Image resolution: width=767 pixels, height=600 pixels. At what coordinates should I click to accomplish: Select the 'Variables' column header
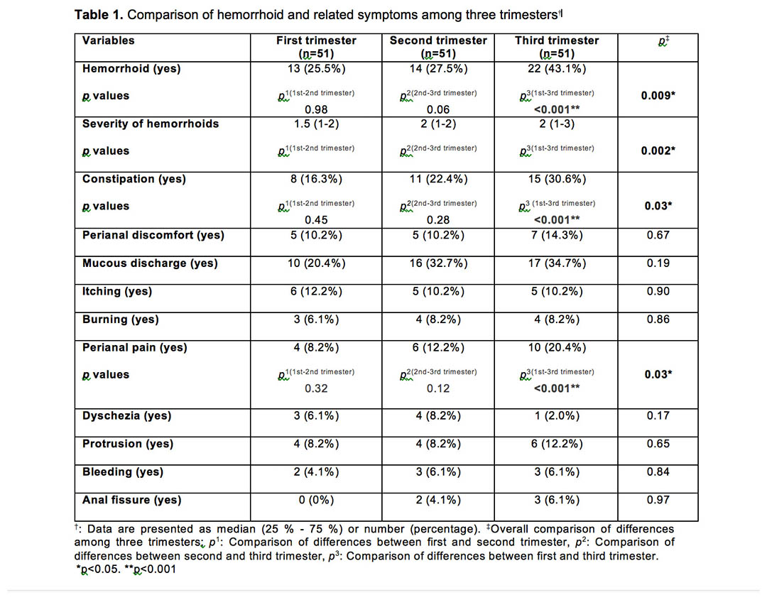[x=108, y=40]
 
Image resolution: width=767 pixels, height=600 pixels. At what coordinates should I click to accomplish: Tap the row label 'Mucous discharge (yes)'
[x=150, y=263]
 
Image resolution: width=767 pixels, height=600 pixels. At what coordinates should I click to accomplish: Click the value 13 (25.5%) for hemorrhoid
[x=316, y=68]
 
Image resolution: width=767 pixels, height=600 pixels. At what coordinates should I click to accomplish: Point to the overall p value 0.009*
[x=658, y=95]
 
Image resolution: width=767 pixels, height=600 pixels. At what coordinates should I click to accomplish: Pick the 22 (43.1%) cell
[x=557, y=68]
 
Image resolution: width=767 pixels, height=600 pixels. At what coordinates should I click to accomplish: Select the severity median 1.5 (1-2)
[x=316, y=124]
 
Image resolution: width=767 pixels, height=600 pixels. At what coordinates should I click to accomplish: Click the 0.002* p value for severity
[x=658, y=151]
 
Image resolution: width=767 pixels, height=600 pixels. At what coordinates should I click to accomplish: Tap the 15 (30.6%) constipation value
[x=557, y=179]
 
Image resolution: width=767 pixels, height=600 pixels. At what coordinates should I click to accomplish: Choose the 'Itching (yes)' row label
[x=117, y=291]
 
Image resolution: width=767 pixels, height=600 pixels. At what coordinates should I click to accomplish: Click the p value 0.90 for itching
[x=658, y=291]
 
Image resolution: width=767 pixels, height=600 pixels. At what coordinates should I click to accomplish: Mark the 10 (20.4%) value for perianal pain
[x=557, y=348]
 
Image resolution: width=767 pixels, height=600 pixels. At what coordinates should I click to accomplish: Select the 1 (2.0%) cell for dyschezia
[x=557, y=415]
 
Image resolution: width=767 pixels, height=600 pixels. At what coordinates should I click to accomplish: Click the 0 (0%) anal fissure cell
[x=316, y=501]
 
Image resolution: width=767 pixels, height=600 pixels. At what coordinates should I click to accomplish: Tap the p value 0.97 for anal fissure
[x=658, y=501]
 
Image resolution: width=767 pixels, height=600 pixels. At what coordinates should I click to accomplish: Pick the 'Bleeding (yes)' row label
[x=123, y=472]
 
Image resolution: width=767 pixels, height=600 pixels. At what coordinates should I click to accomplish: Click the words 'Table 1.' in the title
[x=99, y=15]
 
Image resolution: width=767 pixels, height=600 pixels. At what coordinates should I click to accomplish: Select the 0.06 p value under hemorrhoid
[x=437, y=109]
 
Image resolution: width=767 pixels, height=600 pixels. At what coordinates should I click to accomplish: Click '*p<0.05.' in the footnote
[x=98, y=569]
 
